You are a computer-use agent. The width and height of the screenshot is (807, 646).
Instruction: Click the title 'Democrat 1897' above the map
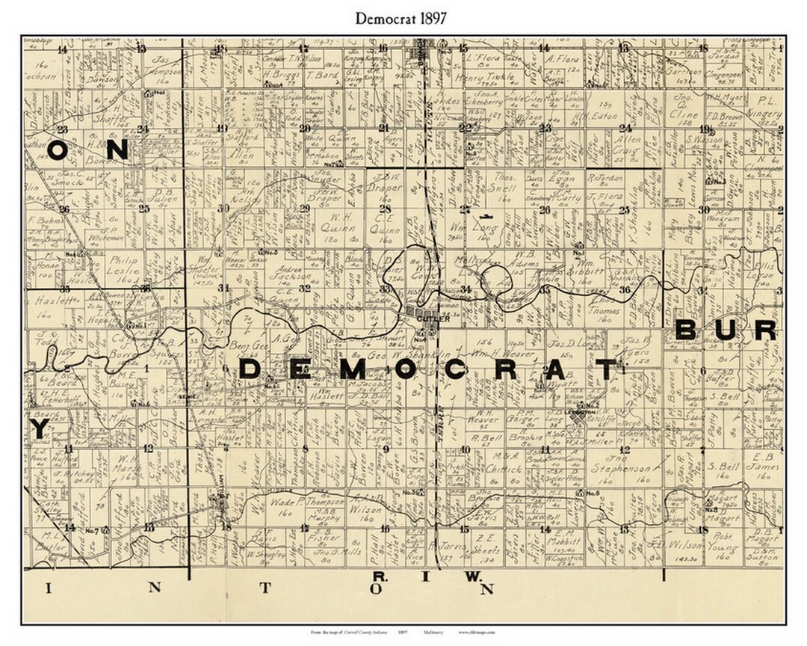[x=403, y=19]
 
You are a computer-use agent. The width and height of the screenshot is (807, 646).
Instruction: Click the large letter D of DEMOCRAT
[x=252, y=369]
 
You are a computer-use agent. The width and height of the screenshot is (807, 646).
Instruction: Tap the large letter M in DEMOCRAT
[x=356, y=369]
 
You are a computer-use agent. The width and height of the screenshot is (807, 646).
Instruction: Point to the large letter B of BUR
[x=687, y=330]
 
